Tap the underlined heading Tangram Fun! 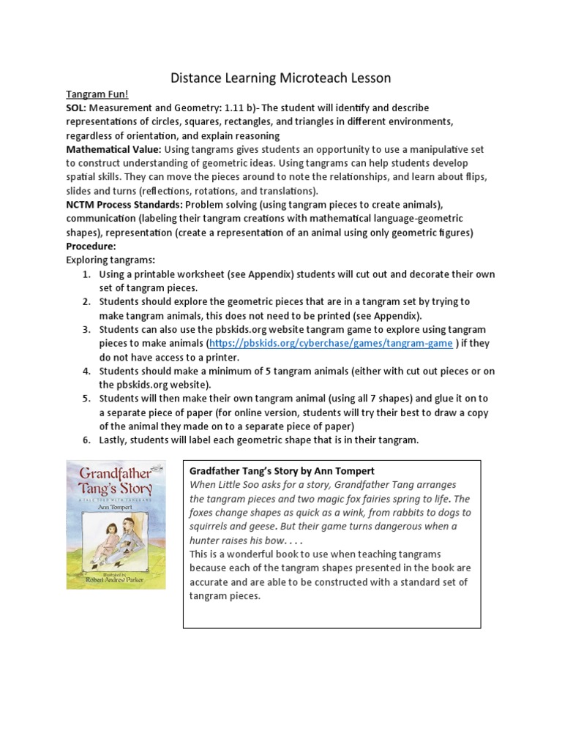pos(97,94)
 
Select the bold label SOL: pos(78,108)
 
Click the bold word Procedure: pos(91,246)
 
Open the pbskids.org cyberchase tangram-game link pos(331,343)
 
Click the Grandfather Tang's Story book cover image pos(116,524)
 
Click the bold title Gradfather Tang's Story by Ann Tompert pos(282,470)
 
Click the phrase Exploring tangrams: pos(110,260)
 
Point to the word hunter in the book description pos(206,540)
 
